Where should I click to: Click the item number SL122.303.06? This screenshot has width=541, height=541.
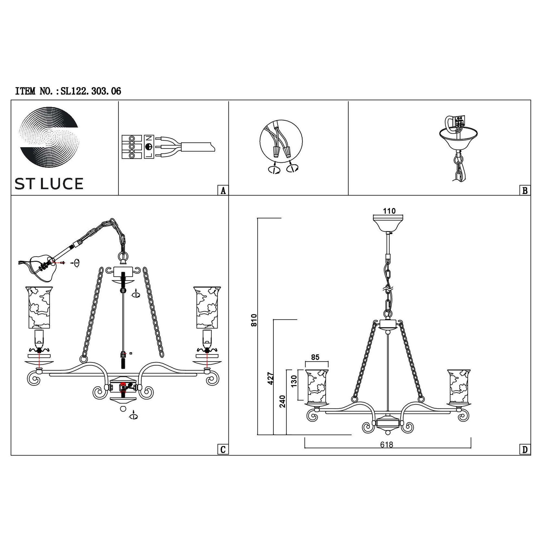click(91, 91)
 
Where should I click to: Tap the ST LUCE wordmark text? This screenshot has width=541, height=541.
click(49, 184)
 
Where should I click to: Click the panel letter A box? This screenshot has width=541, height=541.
click(223, 190)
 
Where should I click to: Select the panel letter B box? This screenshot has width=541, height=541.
click(525, 190)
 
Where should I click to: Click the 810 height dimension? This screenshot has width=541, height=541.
click(254, 320)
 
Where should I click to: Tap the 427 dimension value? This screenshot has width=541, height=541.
click(270, 378)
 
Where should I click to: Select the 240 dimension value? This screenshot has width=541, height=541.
click(283, 401)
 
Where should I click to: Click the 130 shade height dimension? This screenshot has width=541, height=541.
click(294, 381)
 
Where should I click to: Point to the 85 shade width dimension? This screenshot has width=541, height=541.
click(315, 357)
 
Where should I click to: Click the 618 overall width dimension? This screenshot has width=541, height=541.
click(387, 444)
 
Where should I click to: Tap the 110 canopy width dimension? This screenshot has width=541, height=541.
click(389, 211)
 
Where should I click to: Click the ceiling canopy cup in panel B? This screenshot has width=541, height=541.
click(458, 140)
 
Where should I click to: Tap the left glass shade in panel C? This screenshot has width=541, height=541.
click(39, 307)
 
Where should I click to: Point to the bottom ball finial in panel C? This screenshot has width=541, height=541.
click(123, 408)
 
